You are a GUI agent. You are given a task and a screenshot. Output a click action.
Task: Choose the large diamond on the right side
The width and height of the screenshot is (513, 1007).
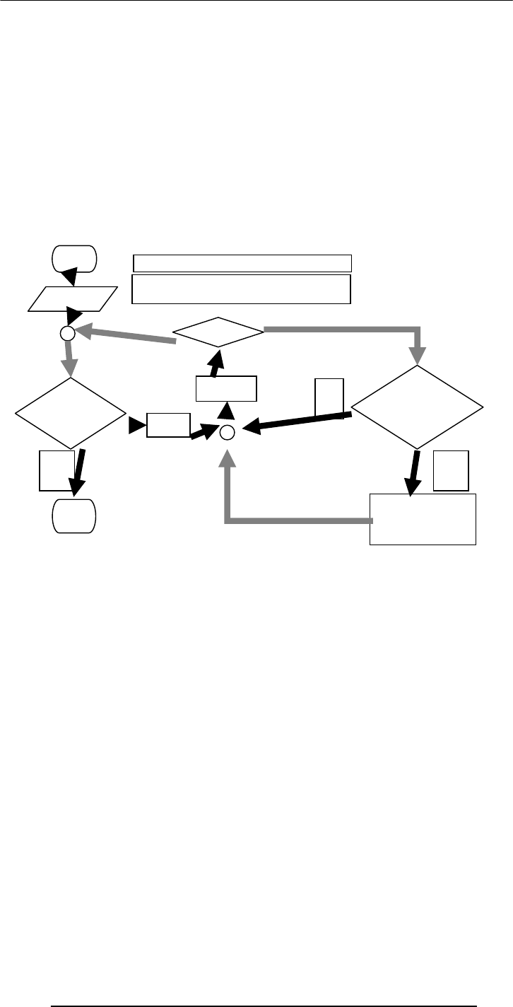(418, 407)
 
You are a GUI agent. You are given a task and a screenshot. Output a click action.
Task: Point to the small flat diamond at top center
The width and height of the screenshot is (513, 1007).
(219, 332)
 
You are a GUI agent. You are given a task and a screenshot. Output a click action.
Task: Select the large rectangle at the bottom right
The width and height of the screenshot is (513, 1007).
(423, 520)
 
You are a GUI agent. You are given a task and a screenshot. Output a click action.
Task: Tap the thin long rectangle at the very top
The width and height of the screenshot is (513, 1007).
(242, 263)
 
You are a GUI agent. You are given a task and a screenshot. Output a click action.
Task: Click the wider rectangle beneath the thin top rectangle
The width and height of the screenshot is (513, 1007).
(242, 289)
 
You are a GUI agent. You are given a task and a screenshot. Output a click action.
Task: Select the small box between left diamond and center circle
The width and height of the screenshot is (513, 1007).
(169, 424)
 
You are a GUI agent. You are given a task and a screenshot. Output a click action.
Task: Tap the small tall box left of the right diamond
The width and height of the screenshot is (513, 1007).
(329, 398)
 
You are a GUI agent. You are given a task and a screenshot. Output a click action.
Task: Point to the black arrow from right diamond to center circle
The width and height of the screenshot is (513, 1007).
(297, 421)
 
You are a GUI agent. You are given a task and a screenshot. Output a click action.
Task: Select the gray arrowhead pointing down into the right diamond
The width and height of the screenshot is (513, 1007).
(418, 357)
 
